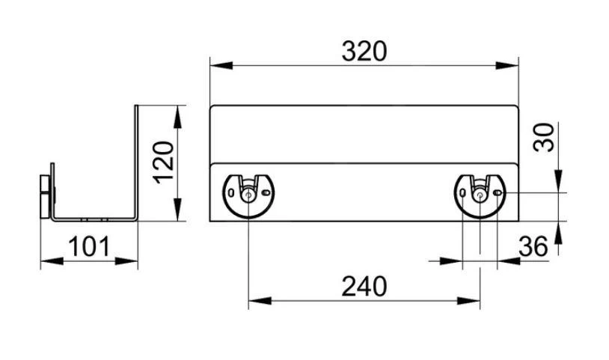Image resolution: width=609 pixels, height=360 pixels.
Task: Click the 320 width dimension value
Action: (x=364, y=51)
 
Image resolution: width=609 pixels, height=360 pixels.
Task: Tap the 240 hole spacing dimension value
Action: (x=364, y=287)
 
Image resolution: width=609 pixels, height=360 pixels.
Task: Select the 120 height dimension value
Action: (x=164, y=163)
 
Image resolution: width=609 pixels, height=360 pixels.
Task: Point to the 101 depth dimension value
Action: (x=89, y=245)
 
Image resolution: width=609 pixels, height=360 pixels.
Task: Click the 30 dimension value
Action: (x=548, y=137)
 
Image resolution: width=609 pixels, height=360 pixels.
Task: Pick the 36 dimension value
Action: (x=533, y=245)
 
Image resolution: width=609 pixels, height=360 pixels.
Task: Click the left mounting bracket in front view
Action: (x=248, y=192)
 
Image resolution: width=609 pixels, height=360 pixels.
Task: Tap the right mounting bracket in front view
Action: (x=480, y=192)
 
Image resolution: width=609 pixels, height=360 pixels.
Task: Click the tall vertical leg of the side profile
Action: (x=137, y=161)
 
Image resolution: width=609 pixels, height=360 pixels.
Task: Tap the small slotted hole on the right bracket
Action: (x=498, y=193)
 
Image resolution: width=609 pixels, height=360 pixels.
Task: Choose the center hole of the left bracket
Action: (x=248, y=194)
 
